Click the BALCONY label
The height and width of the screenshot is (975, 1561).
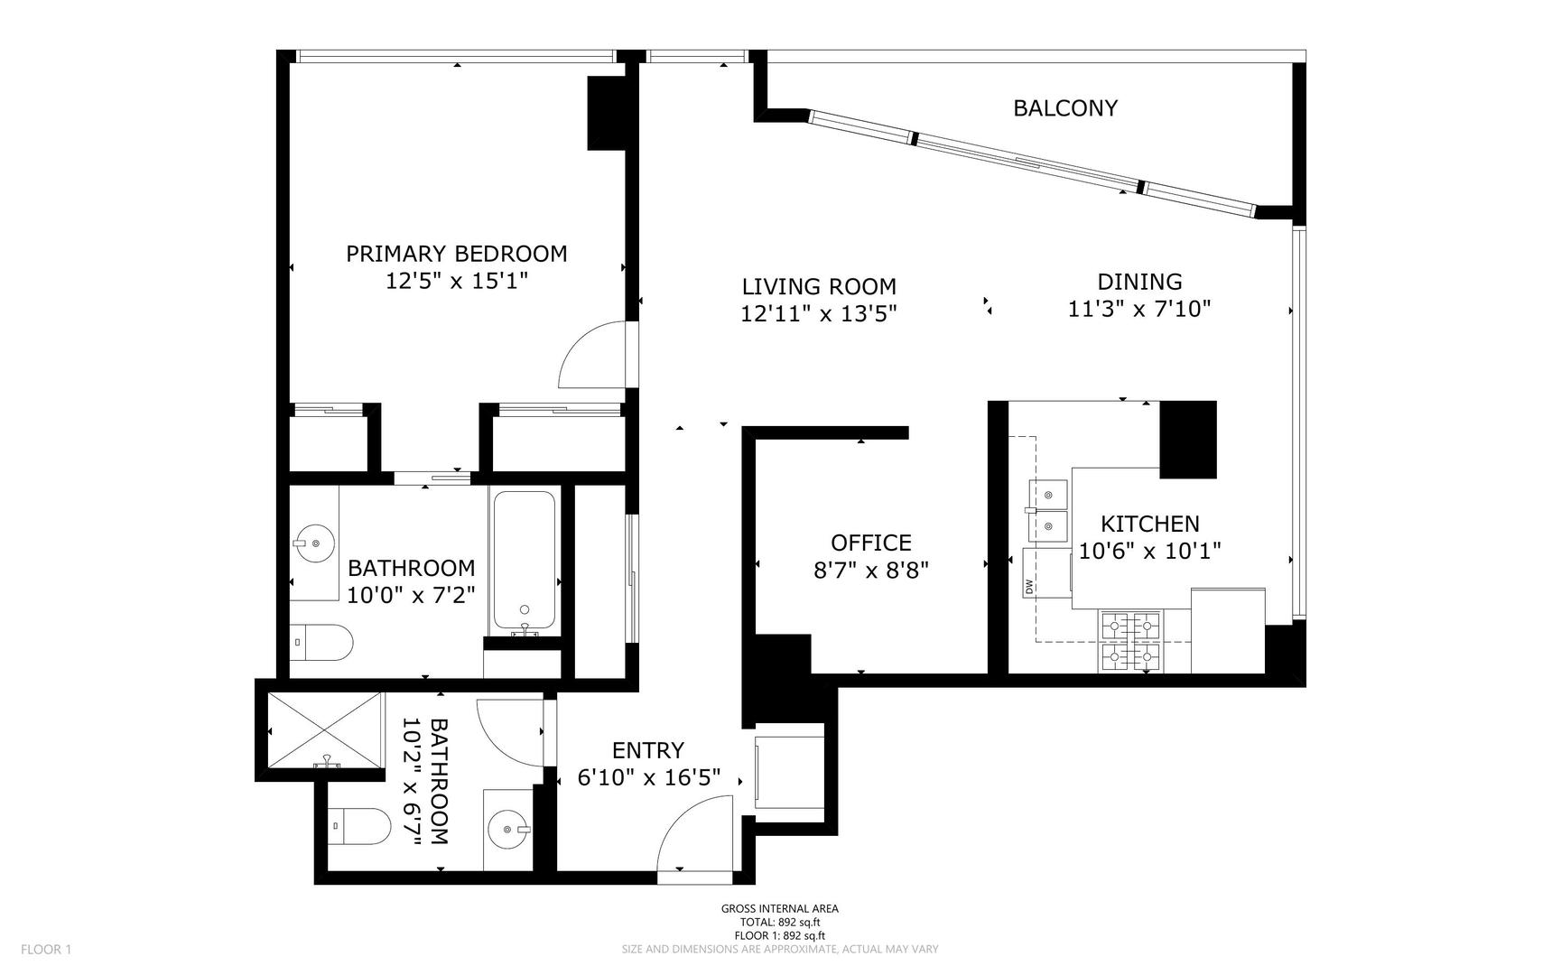[1065, 108]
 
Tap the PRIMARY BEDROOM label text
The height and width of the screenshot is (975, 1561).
[457, 254]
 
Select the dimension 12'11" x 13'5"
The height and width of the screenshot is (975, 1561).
[819, 314]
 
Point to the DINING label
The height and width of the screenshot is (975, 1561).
[1139, 282]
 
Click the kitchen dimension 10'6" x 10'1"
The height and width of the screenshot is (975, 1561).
[1150, 552]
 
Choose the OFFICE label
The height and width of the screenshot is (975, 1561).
[871, 543]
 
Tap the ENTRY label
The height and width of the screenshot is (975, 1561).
[648, 750]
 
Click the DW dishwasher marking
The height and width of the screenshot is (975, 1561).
[1028, 587]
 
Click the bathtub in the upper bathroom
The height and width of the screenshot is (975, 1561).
[524, 561]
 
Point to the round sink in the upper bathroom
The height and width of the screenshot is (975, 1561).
[314, 543]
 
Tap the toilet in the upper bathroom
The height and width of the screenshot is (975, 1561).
[322, 642]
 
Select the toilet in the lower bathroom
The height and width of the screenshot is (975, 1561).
[359, 825]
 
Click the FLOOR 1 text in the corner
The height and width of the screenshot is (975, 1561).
[46, 949]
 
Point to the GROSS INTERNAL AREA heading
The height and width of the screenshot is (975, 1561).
[780, 909]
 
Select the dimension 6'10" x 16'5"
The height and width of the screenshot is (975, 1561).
[649, 777]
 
